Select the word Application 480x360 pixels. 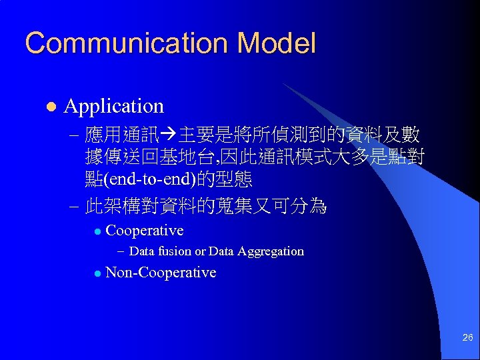[114, 106]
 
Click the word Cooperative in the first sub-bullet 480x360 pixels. [145, 231]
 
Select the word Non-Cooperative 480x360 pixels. [161, 272]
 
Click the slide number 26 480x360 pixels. [467, 338]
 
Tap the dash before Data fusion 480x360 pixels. [120, 251]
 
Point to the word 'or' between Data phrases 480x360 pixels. [200, 251]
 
